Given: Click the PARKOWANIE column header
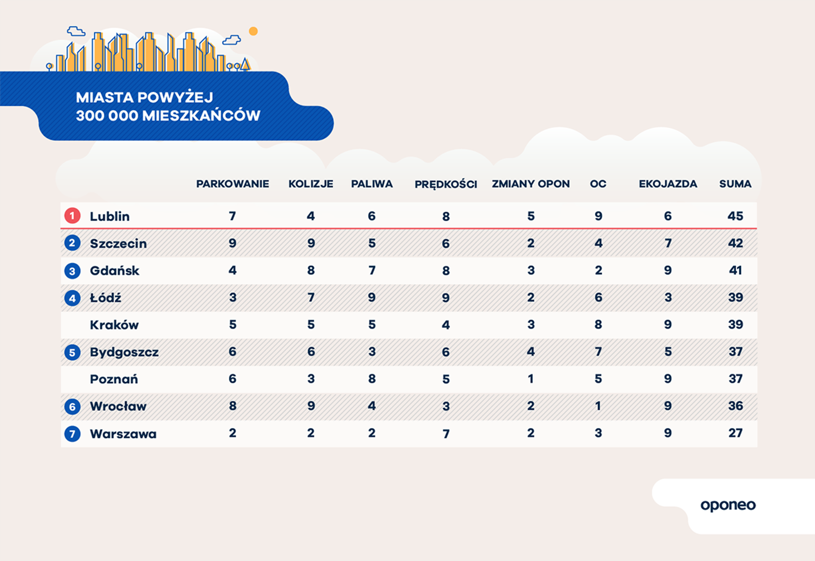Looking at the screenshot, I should (x=232, y=184).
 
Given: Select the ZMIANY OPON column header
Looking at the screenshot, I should (x=531, y=184).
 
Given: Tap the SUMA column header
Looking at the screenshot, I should (x=735, y=184).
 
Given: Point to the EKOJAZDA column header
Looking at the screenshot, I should (x=668, y=184).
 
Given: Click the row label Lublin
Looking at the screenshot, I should (x=110, y=216).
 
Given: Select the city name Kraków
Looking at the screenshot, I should (x=114, y=325).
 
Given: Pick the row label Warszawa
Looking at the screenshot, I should (x=123, y=434).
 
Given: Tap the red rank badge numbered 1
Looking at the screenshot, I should (x=72, y=215).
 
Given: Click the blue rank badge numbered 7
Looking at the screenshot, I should (x=72, y=434).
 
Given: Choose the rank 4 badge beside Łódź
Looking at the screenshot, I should (x=72, y=298).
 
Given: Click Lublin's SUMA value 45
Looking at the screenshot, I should (x=735, y=216).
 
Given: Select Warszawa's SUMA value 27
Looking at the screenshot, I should (x=735, y=433).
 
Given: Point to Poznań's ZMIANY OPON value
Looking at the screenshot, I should (x=531, y=379).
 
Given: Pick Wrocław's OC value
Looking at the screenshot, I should (x=598, y=406).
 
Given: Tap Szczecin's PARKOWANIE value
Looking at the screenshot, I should (x=232, y=243).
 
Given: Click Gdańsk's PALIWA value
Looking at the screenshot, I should (x=372, y=271).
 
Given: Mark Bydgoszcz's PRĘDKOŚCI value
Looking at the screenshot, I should (x=446, y=352).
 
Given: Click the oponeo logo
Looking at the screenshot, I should (x=728, y=505).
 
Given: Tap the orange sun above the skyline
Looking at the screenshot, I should (x=253, y=31).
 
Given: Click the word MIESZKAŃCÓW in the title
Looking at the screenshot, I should (x=201, y=116).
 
